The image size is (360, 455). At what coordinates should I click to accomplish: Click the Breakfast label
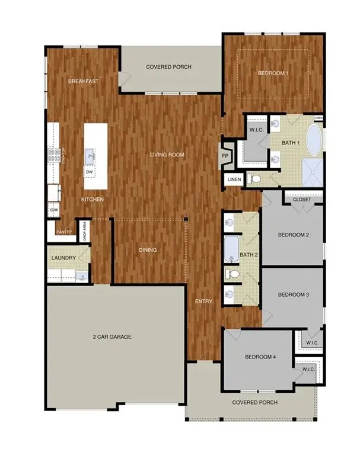82,81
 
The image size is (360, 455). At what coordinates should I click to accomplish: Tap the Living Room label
167,155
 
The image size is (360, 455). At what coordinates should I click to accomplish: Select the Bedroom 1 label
273,74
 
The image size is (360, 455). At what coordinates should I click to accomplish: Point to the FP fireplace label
225,156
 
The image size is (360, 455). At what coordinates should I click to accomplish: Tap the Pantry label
64,232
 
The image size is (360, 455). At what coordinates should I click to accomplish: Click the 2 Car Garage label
111,337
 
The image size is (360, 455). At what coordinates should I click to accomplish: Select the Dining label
148,250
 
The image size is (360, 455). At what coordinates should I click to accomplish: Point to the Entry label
203,302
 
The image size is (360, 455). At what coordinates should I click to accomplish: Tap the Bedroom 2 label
294,235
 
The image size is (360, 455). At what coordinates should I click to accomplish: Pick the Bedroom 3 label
294,294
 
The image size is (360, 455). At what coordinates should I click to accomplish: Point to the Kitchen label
93,200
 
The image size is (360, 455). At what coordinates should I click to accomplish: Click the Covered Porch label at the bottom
255,403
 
